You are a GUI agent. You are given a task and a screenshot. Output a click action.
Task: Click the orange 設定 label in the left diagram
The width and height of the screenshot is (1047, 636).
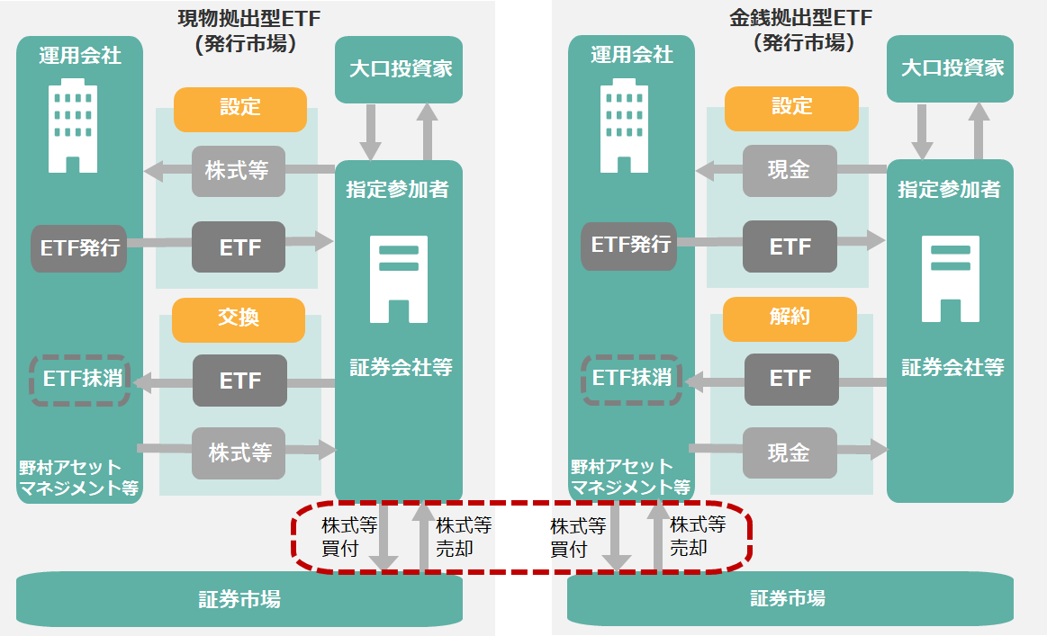click(x=239, y=108)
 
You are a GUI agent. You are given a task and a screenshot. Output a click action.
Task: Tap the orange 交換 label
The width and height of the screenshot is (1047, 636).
click(x=239, y=318)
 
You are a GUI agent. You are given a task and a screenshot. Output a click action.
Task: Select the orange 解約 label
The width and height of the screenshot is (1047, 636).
click(x=790, y=318)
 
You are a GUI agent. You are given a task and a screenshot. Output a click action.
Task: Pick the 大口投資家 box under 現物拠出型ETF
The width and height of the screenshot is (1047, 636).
click(x=399, y=69)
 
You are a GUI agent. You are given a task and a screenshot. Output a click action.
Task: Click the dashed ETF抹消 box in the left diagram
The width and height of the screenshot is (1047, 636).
click(x=80, y=379)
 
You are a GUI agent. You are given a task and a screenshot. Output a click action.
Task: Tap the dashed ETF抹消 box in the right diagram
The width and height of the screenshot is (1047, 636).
click(x=631, y=379)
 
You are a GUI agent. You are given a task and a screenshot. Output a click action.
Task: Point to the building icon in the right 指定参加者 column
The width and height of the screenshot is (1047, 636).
click(x=950, y=278)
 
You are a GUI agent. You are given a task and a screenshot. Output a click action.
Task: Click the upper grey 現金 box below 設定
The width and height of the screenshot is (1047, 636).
click(x=790, y=170)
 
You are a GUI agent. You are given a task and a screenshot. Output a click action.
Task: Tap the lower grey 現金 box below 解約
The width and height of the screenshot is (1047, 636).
click(x=790, y=452)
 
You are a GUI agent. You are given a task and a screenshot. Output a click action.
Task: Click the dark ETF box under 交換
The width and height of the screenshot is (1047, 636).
click(x=239, y=381)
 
